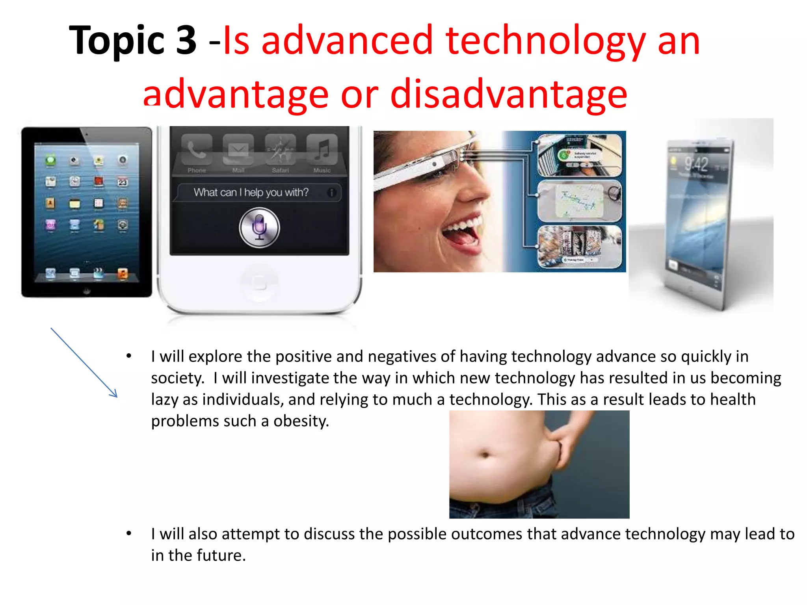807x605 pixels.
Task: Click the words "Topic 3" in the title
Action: [x=132, y=40]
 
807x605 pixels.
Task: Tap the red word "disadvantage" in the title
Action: [x=508, y=95]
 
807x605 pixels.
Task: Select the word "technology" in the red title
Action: [x=545, y=40]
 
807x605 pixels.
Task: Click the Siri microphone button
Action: [x=259, y=228]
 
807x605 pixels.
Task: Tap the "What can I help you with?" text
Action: [x=251, y=193]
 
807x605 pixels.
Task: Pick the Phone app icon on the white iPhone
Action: [x=197, y=150]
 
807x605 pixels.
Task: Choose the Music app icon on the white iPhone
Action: [x=322, y=150]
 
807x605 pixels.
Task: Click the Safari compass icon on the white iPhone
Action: [x=280, y=150]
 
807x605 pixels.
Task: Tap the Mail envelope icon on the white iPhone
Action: [x=238, y=150]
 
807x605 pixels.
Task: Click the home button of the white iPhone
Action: [x=259, y=282]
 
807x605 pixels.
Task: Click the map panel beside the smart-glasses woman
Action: [x=579, y=201]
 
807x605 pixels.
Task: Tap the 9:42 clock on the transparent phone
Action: [x=696, y=164]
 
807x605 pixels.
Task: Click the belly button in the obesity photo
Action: [x=485, y=455]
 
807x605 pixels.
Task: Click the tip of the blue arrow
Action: [x=117, y=397]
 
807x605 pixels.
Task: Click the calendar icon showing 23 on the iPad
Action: [x=123, y=182]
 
